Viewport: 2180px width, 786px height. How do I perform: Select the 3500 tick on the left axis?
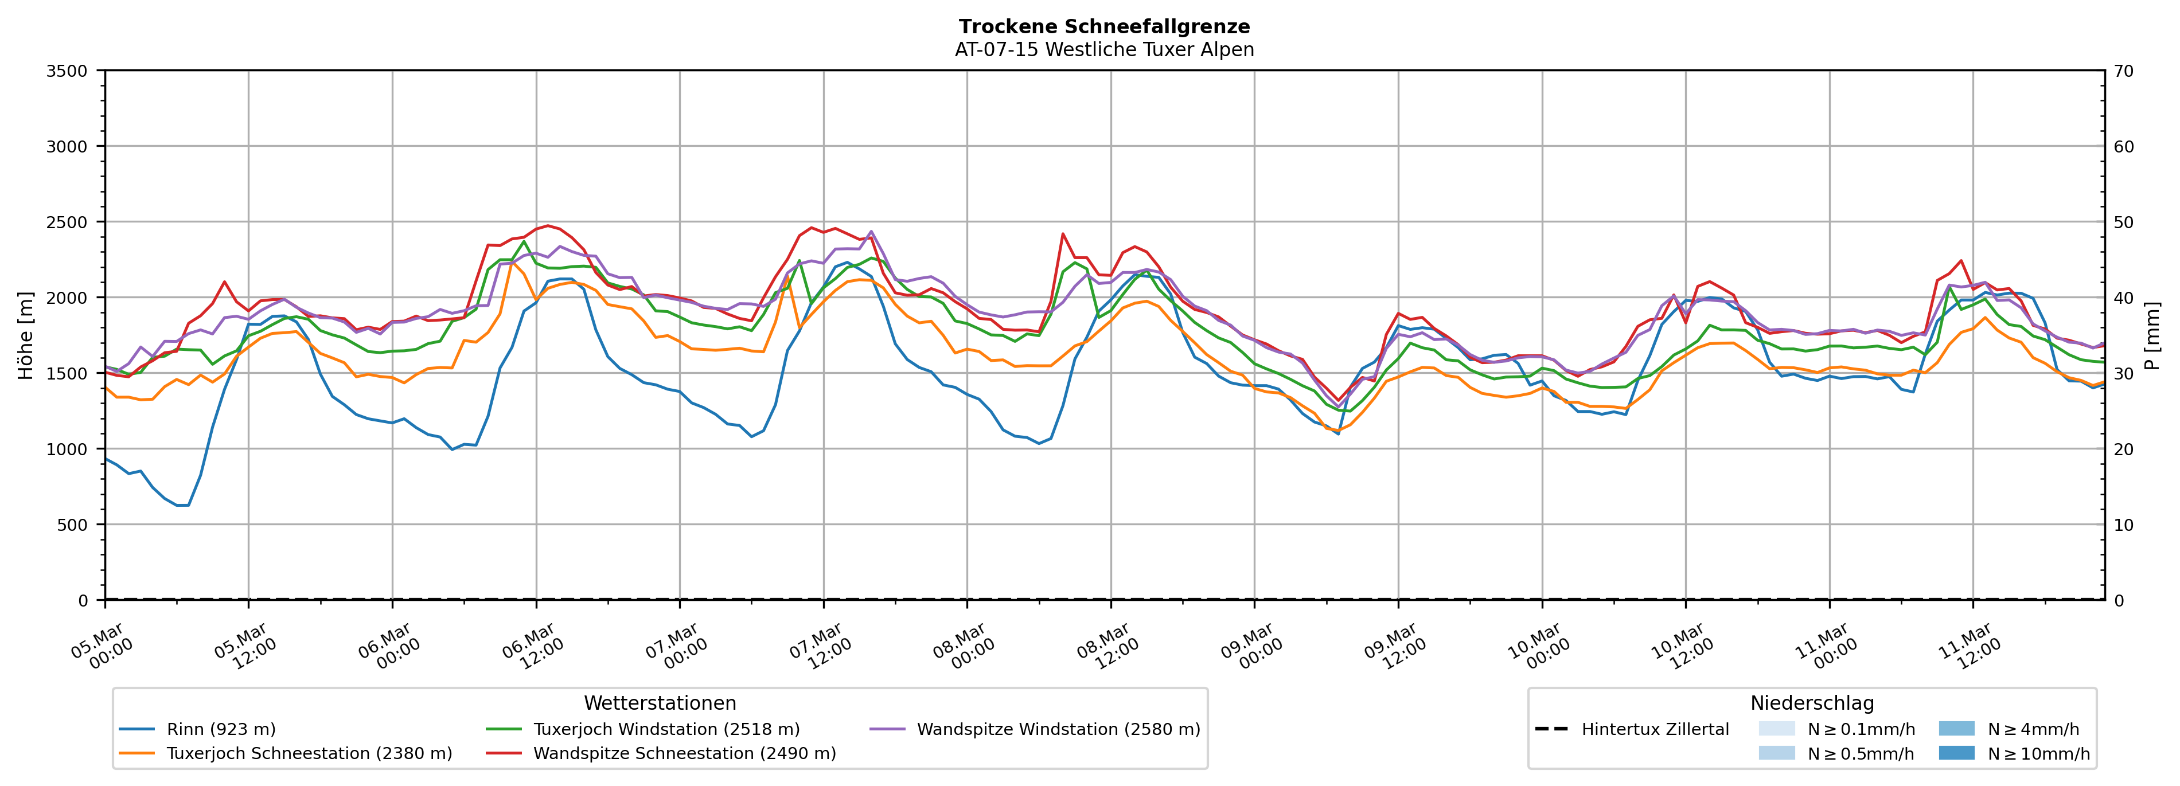(67, 71)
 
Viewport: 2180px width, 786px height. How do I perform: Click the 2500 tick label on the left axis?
(67, 222)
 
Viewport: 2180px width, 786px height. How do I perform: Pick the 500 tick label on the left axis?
(71, 525)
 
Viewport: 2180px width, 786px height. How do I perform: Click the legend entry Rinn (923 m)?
(221, 729)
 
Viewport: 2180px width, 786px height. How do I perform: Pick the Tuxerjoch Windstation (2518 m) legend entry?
(666, 729)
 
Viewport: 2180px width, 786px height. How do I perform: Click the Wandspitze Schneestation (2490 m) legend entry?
(684, 754)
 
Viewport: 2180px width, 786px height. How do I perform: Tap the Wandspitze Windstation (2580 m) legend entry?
(1058, 729)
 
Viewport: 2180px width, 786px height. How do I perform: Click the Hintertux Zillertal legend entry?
(1655, 729)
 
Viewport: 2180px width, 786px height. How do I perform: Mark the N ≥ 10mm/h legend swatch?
(1956, 753)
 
